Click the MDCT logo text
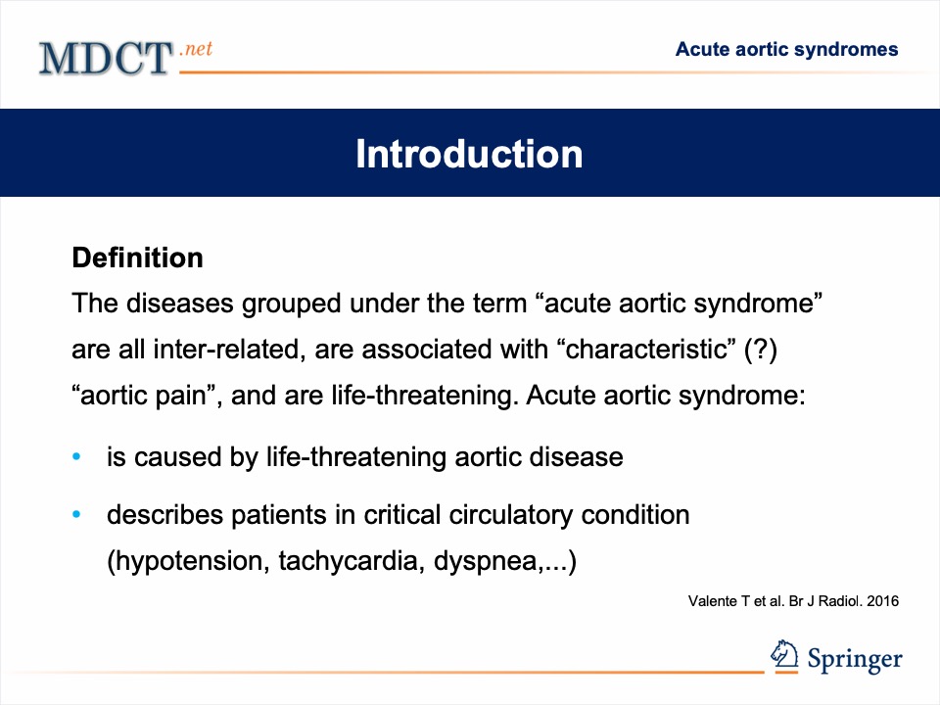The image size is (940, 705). [x=106, y=58]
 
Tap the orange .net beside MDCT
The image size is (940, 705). [x=196, y=48]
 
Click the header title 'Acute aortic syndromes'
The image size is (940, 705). [x=786, y=49]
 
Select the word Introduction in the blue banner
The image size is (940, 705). [x=469, y=154]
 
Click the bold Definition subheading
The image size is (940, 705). [x=137, y=258]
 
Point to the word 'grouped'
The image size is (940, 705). [x=292, y=304]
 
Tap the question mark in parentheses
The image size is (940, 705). [x=760, y=350]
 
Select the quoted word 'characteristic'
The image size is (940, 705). [x=646, y=349]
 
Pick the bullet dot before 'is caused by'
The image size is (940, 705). [x=76, y=457]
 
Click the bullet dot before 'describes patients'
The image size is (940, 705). [x=76, y=514]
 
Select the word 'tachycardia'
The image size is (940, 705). [x=352, y=561]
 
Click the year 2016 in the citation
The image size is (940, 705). [x=883, y=601]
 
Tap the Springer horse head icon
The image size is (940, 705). [x=784, y=654]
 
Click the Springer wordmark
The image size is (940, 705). [x=854, y=659]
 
